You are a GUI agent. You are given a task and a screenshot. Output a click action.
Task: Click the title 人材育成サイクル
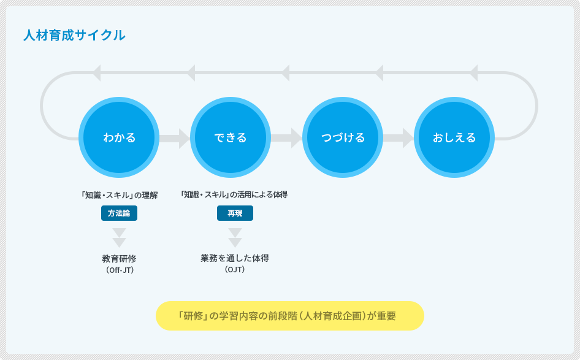74,35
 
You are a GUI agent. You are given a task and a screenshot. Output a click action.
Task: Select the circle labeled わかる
119,137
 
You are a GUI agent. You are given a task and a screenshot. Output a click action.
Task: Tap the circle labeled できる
231,137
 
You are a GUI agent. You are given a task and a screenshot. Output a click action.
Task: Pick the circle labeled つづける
343,137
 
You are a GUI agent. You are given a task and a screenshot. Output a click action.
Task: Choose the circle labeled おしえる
454,137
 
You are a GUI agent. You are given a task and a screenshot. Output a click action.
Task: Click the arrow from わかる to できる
175,139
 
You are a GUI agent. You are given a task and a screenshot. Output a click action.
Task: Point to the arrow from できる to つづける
287,139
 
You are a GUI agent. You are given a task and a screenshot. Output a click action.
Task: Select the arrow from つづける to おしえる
399,139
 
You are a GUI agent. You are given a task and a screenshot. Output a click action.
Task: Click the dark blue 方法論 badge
119,213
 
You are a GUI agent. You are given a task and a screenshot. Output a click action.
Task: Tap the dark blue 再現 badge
235,213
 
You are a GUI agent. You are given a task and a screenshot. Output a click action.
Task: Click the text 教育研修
119,258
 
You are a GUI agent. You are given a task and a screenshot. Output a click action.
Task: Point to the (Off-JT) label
120,270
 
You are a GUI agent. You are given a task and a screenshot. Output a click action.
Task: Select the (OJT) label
235,269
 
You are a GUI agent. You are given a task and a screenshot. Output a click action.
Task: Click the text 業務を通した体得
235,258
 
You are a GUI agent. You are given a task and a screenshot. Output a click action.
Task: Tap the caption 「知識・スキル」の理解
119,195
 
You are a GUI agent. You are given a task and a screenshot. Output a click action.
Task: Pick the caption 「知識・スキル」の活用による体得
234,194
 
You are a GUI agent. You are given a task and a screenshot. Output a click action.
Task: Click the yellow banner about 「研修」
289,316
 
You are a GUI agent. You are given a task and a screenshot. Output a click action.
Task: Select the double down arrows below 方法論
119,237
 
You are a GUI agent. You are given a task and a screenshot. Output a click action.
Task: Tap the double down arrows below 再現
235,237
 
